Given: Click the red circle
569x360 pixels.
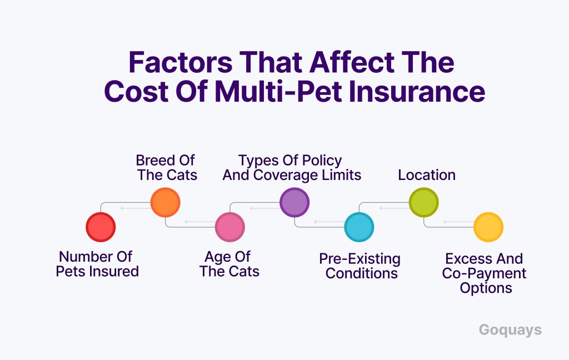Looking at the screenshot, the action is point(101,227).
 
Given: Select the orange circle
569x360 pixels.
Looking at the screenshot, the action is point(165,202).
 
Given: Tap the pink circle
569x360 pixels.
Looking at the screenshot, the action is point(229,227).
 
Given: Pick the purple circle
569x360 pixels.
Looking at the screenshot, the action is point(295,202).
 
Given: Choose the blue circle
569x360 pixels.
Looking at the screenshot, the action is point(359,227).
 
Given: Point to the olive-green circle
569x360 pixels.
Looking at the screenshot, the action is point(423,202).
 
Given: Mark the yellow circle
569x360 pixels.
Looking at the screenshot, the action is point(488,227).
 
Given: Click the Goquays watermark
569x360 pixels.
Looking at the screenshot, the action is point(510,330).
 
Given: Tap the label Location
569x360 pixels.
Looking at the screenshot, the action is point(427,175).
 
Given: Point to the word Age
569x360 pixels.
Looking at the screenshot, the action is point(217,257).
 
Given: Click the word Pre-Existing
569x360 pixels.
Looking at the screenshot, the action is point(360,259).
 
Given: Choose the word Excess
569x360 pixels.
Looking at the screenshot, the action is point(469,259).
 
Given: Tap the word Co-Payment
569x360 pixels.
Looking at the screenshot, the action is point(484,274).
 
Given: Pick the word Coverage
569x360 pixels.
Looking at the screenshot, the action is point(281,176).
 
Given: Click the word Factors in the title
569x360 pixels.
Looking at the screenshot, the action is point(181,62).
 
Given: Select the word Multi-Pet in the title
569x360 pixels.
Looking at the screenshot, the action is point(278,92).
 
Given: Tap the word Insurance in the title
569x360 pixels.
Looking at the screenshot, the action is point(417,92).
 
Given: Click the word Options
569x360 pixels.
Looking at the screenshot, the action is point(486,288).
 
